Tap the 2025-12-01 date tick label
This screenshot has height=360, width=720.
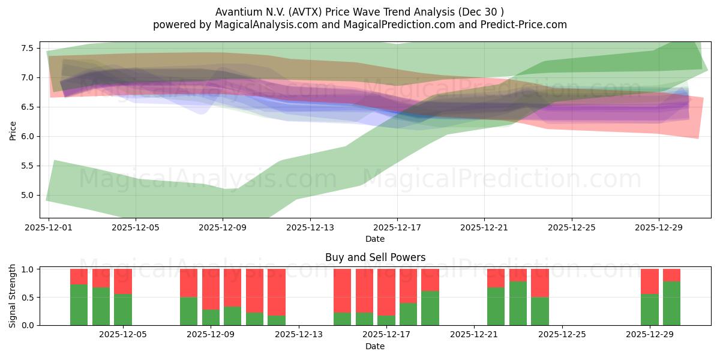point(49,228)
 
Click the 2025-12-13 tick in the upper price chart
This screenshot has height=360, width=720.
point(310,228)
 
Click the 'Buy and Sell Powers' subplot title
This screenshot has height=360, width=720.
point(375,257)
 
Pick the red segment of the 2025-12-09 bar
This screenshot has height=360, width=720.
point(211,289)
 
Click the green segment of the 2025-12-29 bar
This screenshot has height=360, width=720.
point(650,310)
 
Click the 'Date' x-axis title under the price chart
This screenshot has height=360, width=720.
point(375,239)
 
